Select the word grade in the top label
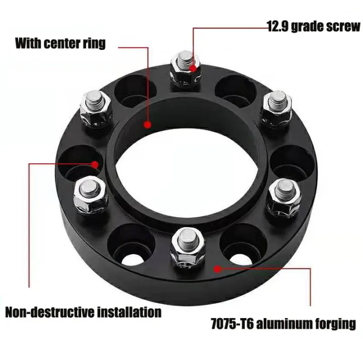310,26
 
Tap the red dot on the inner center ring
148,125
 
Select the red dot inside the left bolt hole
96,163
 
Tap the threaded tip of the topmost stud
184,55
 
